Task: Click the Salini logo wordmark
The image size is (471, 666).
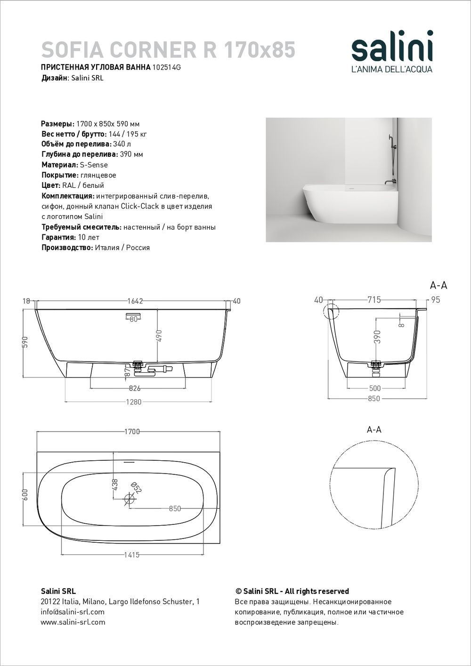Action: click(392, 47)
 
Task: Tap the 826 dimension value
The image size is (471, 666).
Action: click(135, 388)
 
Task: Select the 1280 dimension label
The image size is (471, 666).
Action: click(135, 402)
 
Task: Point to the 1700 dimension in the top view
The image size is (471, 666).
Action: click(131, 432)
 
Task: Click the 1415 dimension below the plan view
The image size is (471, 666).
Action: click(131, 555)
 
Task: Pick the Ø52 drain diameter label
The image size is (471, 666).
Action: click(136, 488)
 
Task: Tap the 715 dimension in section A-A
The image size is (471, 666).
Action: click(374, 300)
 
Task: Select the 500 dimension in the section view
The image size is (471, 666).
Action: click(375, 388)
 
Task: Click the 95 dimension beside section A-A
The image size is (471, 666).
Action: click(436, 300)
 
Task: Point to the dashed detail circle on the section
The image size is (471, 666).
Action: click(331, 312)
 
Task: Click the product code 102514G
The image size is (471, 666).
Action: click(167, 67)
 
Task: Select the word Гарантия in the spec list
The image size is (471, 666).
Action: click(57, 237)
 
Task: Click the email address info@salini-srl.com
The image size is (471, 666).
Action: click(73, 612)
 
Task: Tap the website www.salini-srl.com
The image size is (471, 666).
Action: click(73, 622)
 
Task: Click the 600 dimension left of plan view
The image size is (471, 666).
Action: click(25, 494)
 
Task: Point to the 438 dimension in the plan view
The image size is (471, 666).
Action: click(114, 485)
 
